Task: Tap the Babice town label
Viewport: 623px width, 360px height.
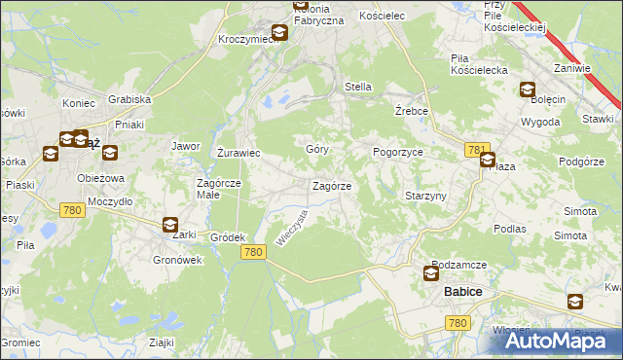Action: [463, 292]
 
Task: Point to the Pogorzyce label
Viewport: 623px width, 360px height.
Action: [397, 153]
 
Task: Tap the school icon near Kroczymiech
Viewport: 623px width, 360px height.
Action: [279, 33]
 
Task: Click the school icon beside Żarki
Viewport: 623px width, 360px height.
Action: [170, 225]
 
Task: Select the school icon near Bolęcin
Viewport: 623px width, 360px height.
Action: [528, 90]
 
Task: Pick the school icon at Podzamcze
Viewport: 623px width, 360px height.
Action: [431, 273]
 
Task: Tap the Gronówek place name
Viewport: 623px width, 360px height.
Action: [176, 260]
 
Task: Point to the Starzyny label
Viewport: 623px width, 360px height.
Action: [425, 196]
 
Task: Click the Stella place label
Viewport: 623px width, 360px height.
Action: [358, 87]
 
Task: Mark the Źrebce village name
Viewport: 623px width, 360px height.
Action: [413, 111]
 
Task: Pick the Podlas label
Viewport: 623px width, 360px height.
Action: [509, 229]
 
